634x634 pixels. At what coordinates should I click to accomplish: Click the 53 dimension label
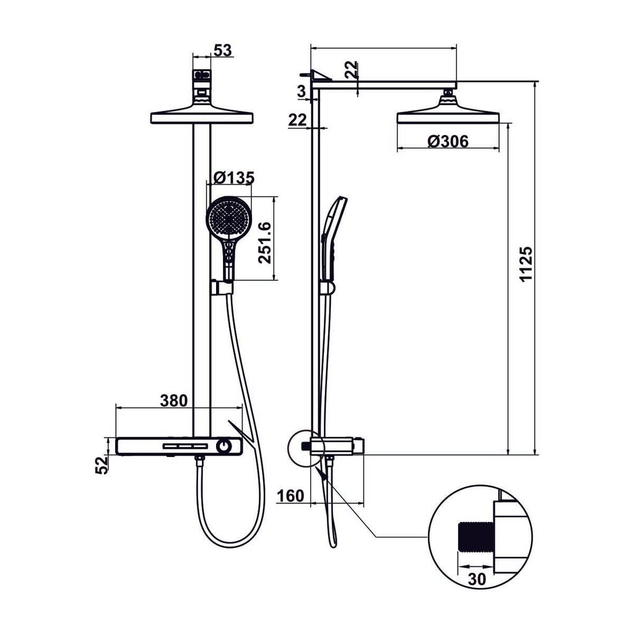[x=222, y=50]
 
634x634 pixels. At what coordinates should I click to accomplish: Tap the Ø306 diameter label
[x=448, y=141]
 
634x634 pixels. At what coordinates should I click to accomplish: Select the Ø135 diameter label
[x=233, y=178]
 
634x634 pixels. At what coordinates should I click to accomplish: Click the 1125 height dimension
[x=525, y=264]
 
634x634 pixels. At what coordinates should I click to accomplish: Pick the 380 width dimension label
[x=173, y=400]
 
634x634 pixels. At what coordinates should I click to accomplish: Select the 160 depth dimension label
[x=290, y=495]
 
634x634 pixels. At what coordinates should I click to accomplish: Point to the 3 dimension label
[x=302, y=92]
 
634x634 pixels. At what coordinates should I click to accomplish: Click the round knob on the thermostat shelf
[x=224, y=446]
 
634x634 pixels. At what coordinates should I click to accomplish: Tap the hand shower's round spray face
[x=229, y=217]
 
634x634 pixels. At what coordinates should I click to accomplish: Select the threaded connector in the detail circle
[x=475, y=536]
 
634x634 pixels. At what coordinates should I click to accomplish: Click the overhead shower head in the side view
[x=448, y=114]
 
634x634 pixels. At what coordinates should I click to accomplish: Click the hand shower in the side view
[x=332, y=235]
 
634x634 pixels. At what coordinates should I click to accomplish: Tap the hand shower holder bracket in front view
[x=221, y=287]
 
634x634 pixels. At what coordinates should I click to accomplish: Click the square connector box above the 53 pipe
[x=202, y=77]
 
